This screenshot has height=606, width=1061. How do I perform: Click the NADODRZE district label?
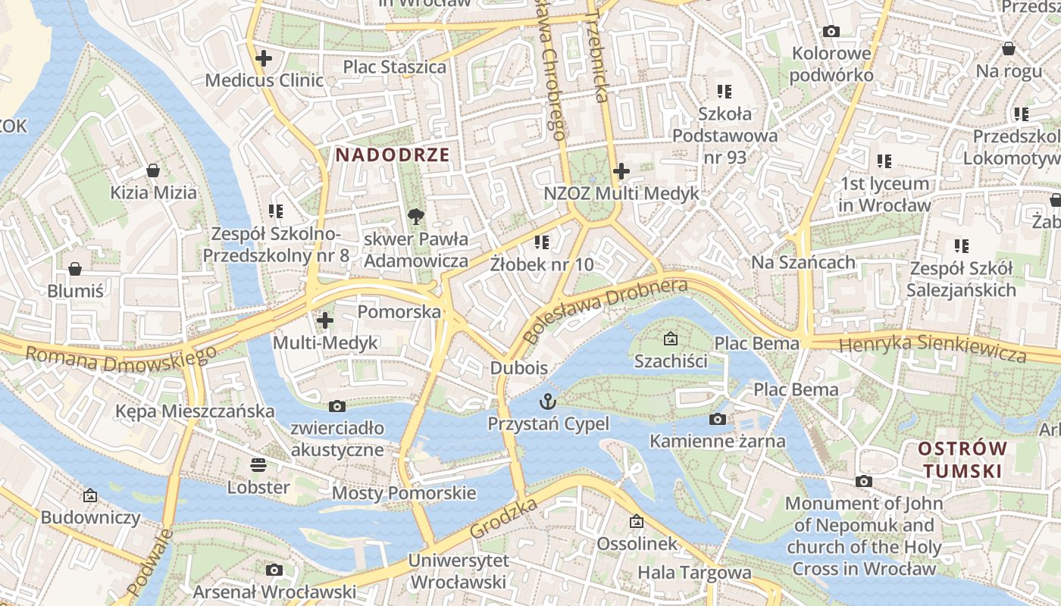393,155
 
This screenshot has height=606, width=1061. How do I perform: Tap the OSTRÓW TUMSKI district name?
962,460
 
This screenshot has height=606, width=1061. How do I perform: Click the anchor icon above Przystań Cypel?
547,401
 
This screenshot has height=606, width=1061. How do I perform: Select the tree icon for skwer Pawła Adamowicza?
415,217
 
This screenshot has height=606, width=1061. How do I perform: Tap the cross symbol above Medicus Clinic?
264,58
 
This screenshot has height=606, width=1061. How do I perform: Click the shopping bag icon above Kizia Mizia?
153,170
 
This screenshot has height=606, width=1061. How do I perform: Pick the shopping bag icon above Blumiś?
75,269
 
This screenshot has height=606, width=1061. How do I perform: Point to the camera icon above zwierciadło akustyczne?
337,407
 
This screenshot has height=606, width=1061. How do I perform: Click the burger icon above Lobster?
258,465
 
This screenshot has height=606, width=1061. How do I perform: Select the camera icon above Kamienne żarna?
717,419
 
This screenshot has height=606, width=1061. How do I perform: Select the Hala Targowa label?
694,573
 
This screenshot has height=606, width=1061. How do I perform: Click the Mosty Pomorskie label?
405,494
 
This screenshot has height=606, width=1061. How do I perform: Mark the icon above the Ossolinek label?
637,521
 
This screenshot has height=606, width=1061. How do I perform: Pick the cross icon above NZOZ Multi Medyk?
621,171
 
